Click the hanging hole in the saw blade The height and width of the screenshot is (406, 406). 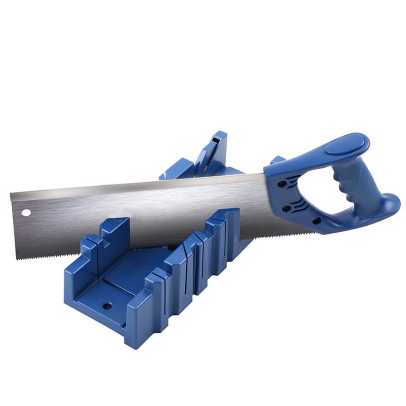click(26, 213)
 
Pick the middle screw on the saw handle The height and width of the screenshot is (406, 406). click(287, 208)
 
